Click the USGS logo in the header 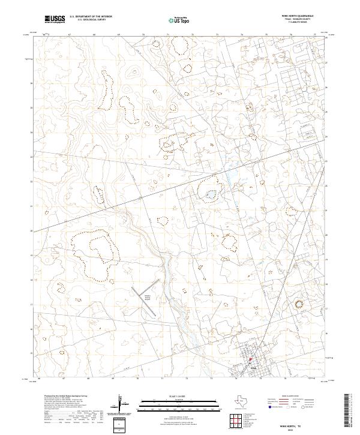pyautogui.click(x=55, y=20)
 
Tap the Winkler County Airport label pyautogui.click(x=147, y=297)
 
